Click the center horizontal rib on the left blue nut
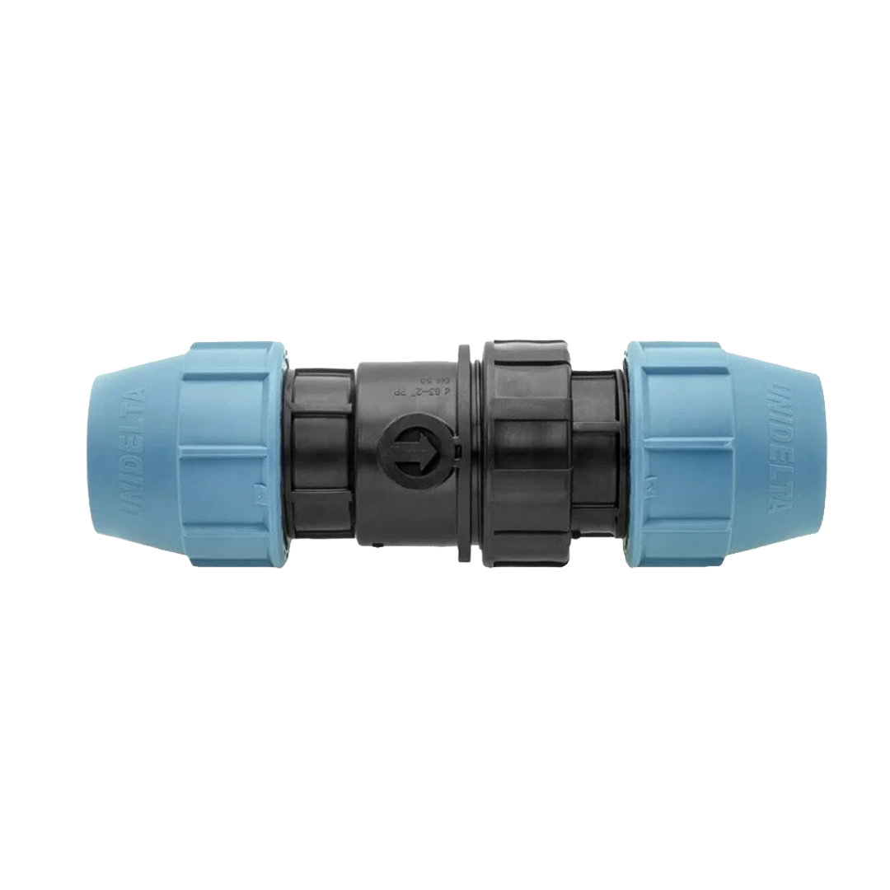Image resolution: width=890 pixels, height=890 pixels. pos(222,450)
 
